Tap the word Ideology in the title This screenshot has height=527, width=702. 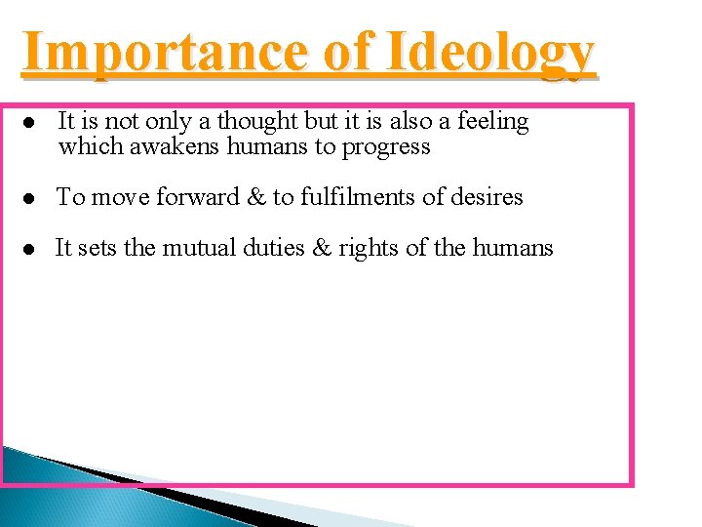point(488,54)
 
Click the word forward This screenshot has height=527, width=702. point(194,197)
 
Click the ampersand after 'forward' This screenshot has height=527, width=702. point(256,197)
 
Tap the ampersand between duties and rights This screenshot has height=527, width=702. point(322,248)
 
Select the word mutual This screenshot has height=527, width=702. point(196,248)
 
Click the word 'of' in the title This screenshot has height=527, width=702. point(347,52)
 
